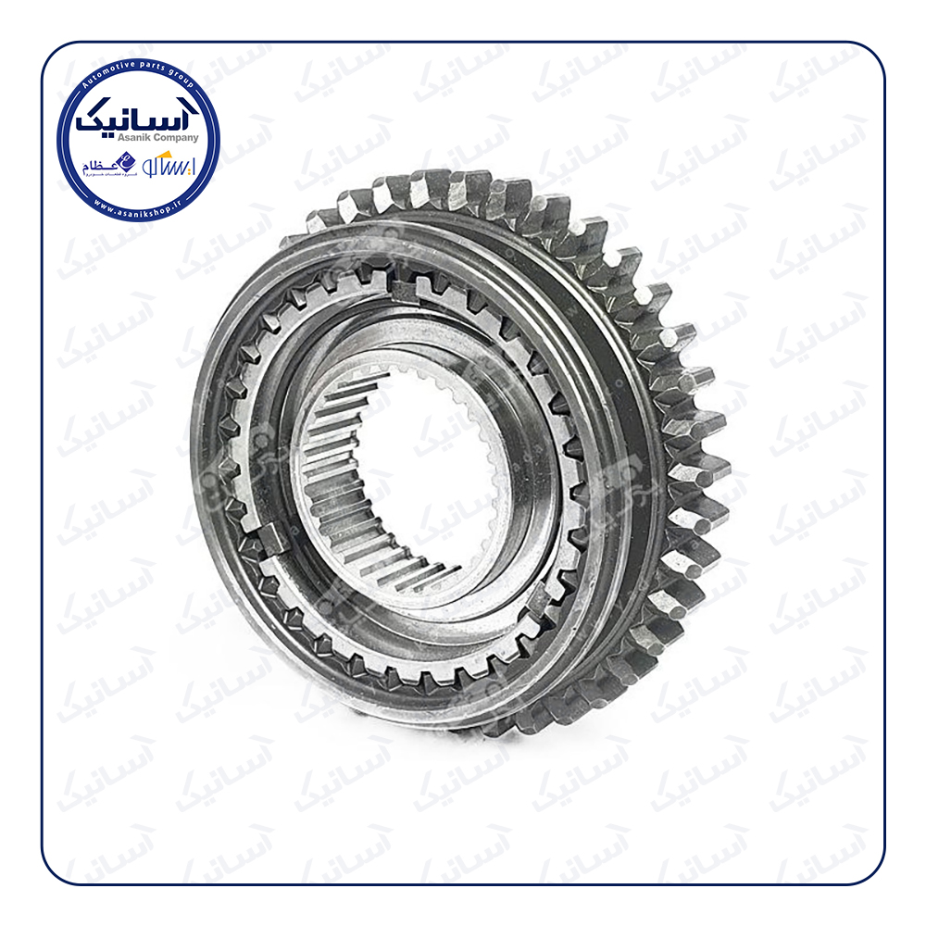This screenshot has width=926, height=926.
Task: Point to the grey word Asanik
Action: click(117, 137)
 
